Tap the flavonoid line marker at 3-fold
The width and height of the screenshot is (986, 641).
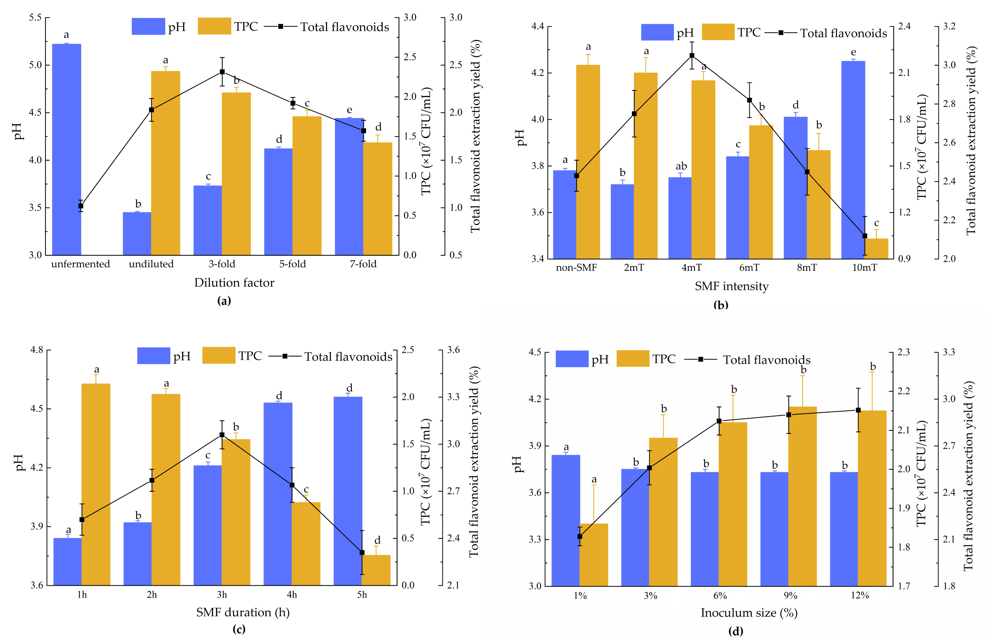[222, 72]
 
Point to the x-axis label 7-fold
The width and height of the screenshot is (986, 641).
[363, 264]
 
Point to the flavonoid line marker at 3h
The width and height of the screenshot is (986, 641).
[222, 435]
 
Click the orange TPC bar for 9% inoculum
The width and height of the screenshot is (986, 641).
[803, 496]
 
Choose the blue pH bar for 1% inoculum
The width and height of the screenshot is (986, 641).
[566, 520]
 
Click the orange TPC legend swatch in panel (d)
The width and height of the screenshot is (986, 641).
[633, 359]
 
